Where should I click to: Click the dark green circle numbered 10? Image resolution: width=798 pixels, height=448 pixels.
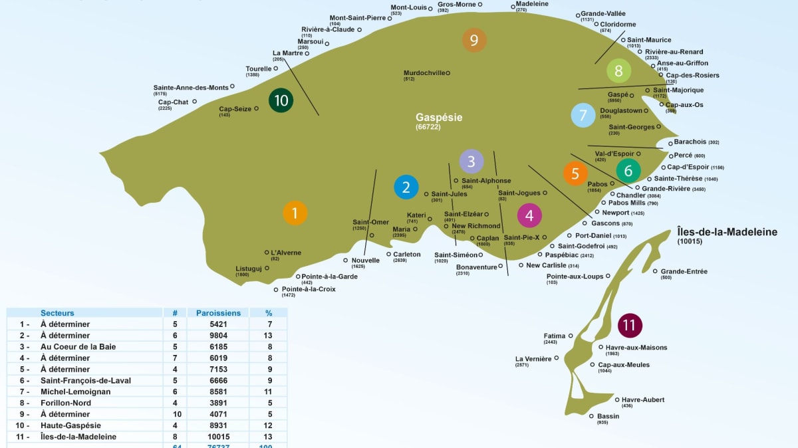click(x=281, y=100)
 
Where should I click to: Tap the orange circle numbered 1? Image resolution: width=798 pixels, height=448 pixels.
click(x=295, y=213)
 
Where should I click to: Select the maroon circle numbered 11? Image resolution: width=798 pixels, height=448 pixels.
click(x=630, y=325)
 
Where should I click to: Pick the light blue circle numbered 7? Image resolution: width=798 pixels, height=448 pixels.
click(x=583, y=115)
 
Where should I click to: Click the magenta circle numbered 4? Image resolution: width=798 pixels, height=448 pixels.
click(x=529, y=215)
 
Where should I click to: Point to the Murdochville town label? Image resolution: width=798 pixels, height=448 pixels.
click(x=424, y=73)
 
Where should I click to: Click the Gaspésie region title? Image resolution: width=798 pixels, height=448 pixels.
click(x=439, y=118)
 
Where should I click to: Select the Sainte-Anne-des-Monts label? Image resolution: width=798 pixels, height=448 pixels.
click(x=191, y=88)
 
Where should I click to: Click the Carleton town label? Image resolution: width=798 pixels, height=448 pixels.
click(x=407, y=255)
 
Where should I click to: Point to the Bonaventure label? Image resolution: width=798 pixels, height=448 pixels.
click(x=476, y=267)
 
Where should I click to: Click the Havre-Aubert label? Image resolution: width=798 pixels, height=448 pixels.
click(x=643, y=399)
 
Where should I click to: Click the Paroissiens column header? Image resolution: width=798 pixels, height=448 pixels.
click(x=218, y=312)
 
